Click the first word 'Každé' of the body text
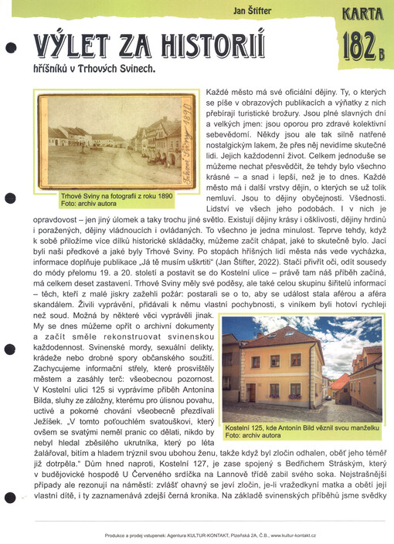[219, 92]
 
